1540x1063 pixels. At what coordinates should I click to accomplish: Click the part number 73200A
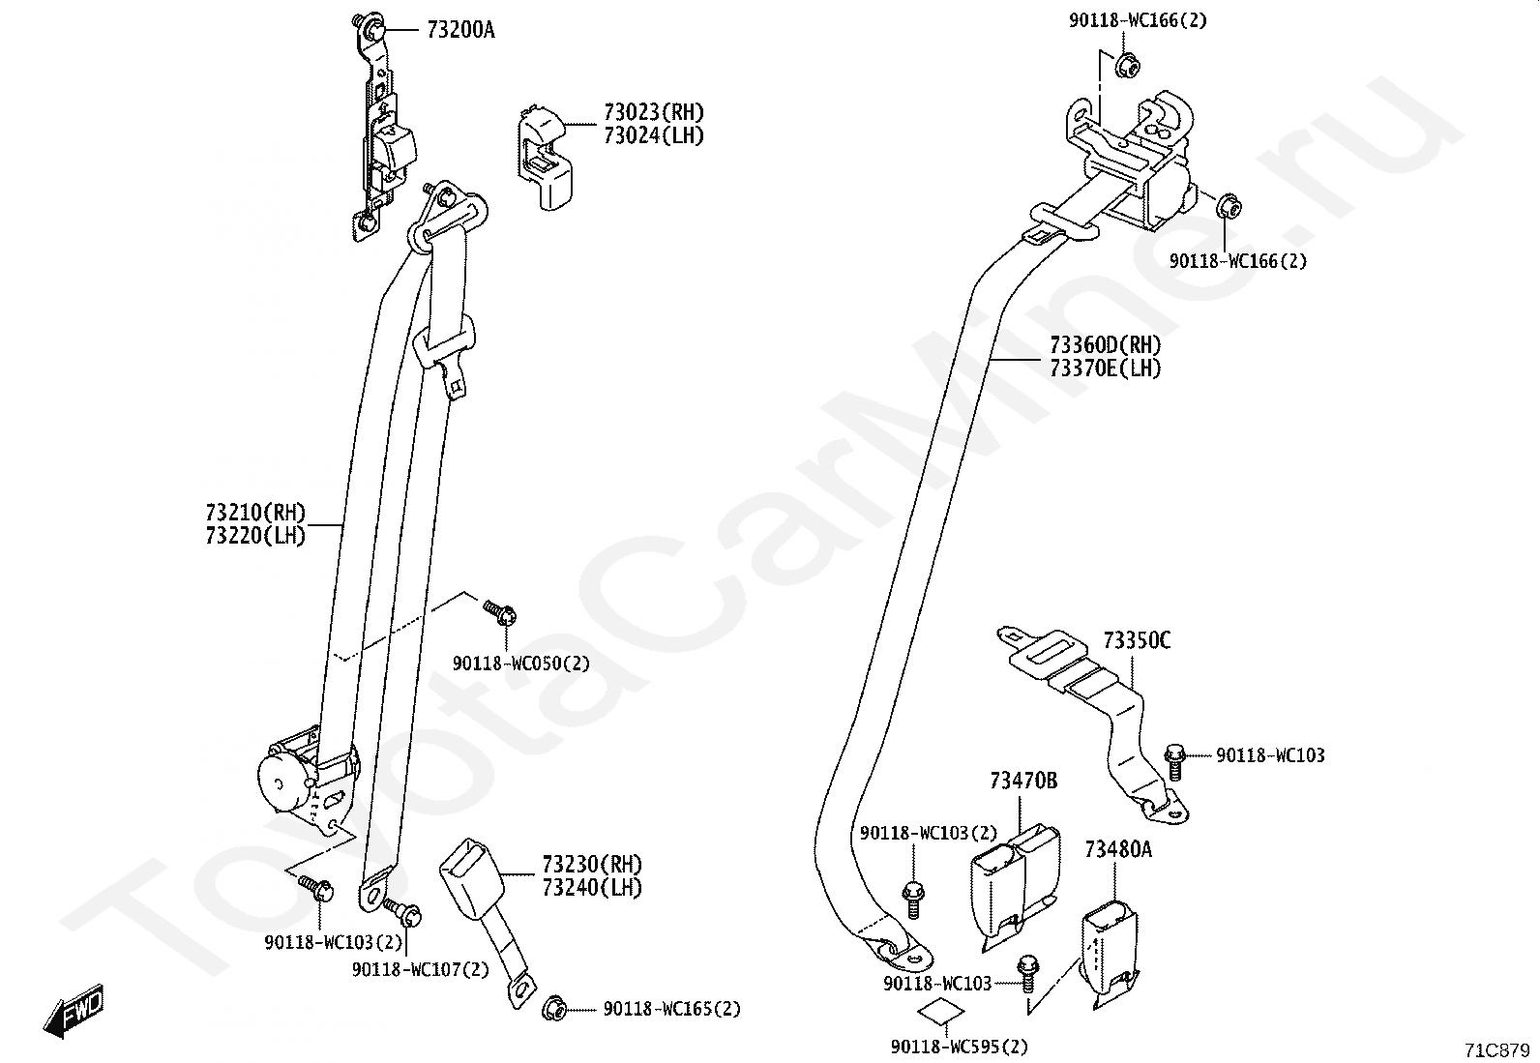pyautogui.click(x=460, y=30)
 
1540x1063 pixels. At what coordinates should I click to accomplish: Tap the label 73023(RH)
pyautogui.click(x=654, y=112)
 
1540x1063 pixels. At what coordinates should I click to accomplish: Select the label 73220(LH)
pyautogui.click(x=255, y=536)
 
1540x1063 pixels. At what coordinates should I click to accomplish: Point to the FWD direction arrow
pyautogui.click(x=74, y=1010)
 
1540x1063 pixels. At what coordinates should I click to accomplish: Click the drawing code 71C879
pyautogui.click(x=1496, y=1050)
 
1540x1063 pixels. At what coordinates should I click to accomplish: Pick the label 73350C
pyautogui.click(x=1137, y=641)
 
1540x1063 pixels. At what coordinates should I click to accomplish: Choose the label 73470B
pyautogui.click(x=1023, y=782)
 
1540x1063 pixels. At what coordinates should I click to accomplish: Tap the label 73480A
pyautogui.click(x=1118, y=850)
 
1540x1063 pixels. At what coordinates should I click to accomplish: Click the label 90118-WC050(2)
pyautogui.click(x=521, y=664)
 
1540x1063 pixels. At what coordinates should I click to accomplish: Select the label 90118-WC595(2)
pyautogui.click(x=959, y=1048)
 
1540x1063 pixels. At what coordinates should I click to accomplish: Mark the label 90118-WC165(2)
pyautogui.click(x=671, y=1009)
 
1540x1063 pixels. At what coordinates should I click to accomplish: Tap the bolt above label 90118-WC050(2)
pyautogui.click(x=500, y=612)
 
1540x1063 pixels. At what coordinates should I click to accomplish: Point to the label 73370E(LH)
pyautogui.click(x=1105, y=369)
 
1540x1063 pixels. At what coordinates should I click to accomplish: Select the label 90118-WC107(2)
pyautogui.click(x=420, y=969)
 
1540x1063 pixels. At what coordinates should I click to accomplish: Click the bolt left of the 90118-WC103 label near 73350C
pyautogui.click(x=1174, y=762)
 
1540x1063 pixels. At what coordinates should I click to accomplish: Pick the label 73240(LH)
pyautogui.click(x=592, y=888)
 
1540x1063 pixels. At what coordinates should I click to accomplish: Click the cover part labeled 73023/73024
pyautogui.click(x=545, y=158)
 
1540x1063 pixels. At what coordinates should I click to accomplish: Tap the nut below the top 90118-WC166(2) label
pyautogui.click(x=1126, y=66)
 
